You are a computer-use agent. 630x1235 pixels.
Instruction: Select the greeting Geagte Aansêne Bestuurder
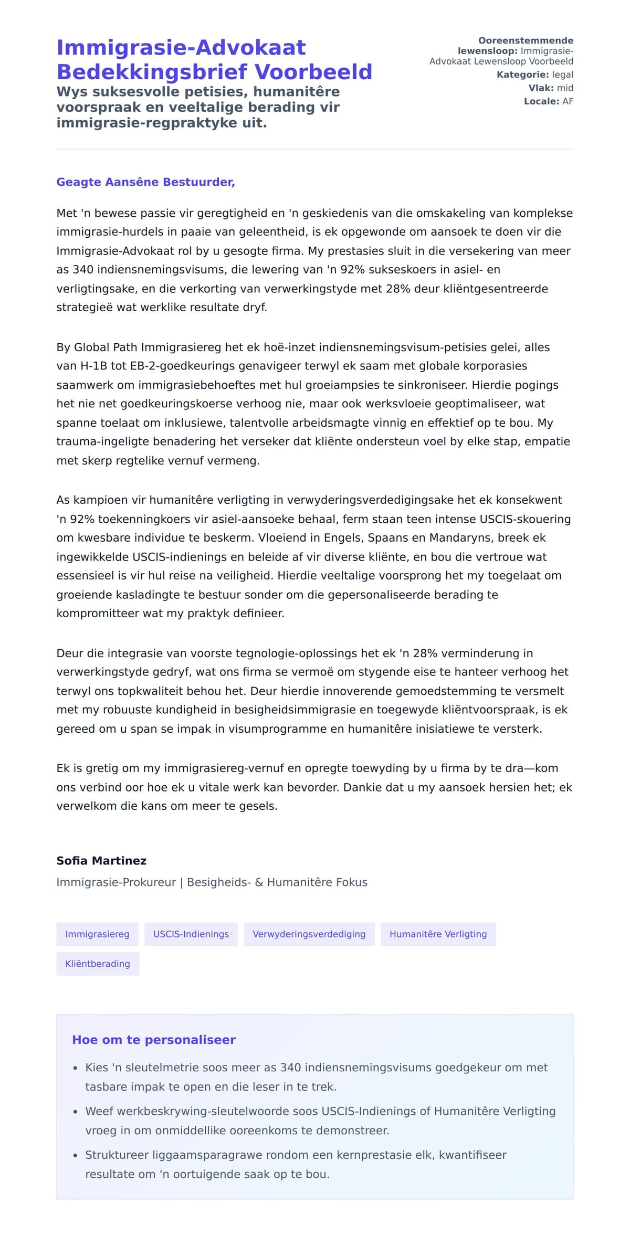(x=145, y=182)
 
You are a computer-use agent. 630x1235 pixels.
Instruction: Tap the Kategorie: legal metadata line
(x=534, y=75)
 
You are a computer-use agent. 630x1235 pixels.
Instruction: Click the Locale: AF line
(x=548, y=101)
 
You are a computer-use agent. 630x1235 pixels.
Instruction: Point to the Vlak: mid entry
(x=550, y=88)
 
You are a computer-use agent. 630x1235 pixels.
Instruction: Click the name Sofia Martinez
(x=101, y=861)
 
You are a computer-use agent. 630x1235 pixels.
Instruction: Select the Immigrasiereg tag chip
(x=97, y=934)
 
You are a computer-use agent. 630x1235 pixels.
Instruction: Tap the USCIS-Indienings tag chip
(x=191, y=934)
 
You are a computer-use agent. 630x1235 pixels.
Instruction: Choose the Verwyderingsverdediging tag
(x=309, y=934)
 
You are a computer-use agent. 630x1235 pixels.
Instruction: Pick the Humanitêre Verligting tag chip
(x=438, y=934)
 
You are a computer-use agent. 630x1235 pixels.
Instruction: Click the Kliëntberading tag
(x=98, y=964)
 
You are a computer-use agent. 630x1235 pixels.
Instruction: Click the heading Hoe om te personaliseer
(x=154, y=1040)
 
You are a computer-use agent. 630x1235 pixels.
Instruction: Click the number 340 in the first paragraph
(x=83, y=270)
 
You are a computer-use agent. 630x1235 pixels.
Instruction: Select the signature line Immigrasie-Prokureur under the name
(x=116, y=882)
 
